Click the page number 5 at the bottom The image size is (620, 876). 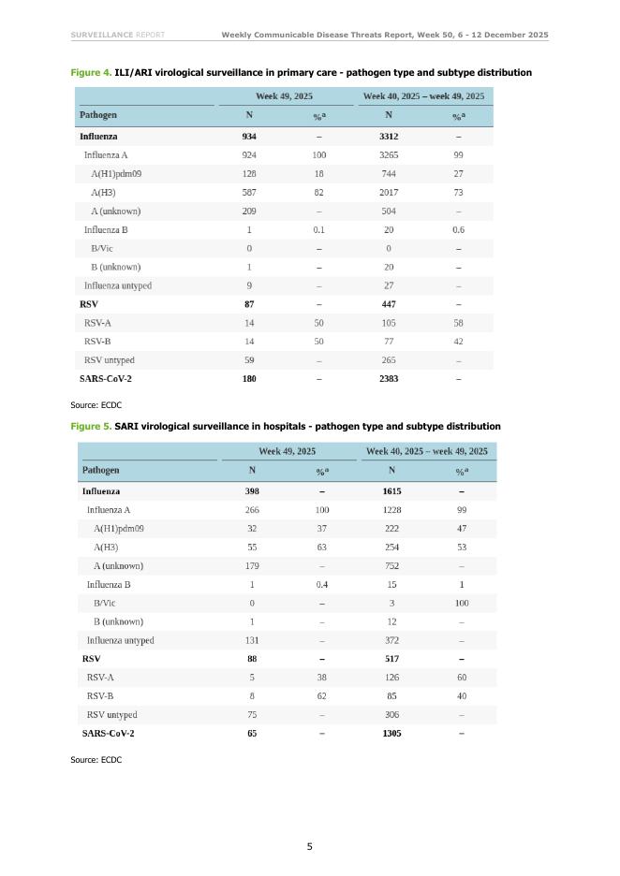tap(310, 847)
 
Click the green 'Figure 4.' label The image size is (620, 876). tap(91, 73)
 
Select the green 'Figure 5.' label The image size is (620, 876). tap(91, 427)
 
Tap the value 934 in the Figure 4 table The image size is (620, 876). tap(249, 137)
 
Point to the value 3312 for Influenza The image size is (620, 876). tap(389, 137)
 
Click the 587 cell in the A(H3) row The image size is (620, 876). tap(249, 193)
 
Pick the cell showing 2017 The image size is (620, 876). tap(389, 193)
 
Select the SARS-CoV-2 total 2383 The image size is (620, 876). tap(389, 379)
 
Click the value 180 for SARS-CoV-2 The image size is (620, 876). tap(249, 379)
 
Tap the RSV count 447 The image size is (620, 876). tap(389, 304)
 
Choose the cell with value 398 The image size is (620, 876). tap(252, 491)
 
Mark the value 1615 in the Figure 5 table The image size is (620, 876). tap(391, 491)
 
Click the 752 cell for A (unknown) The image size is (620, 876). tap(391, 566)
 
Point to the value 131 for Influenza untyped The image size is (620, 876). tap(252, 641)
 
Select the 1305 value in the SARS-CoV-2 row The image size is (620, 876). tap(391, 734)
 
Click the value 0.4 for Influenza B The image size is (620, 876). tap(321, 585)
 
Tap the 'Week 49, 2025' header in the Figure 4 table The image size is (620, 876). tap(285, 96)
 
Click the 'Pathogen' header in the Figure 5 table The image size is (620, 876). tap(101, 470)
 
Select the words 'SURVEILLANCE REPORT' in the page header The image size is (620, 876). tap(118, 36)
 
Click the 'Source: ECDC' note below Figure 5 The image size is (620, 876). tap(96, 760)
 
